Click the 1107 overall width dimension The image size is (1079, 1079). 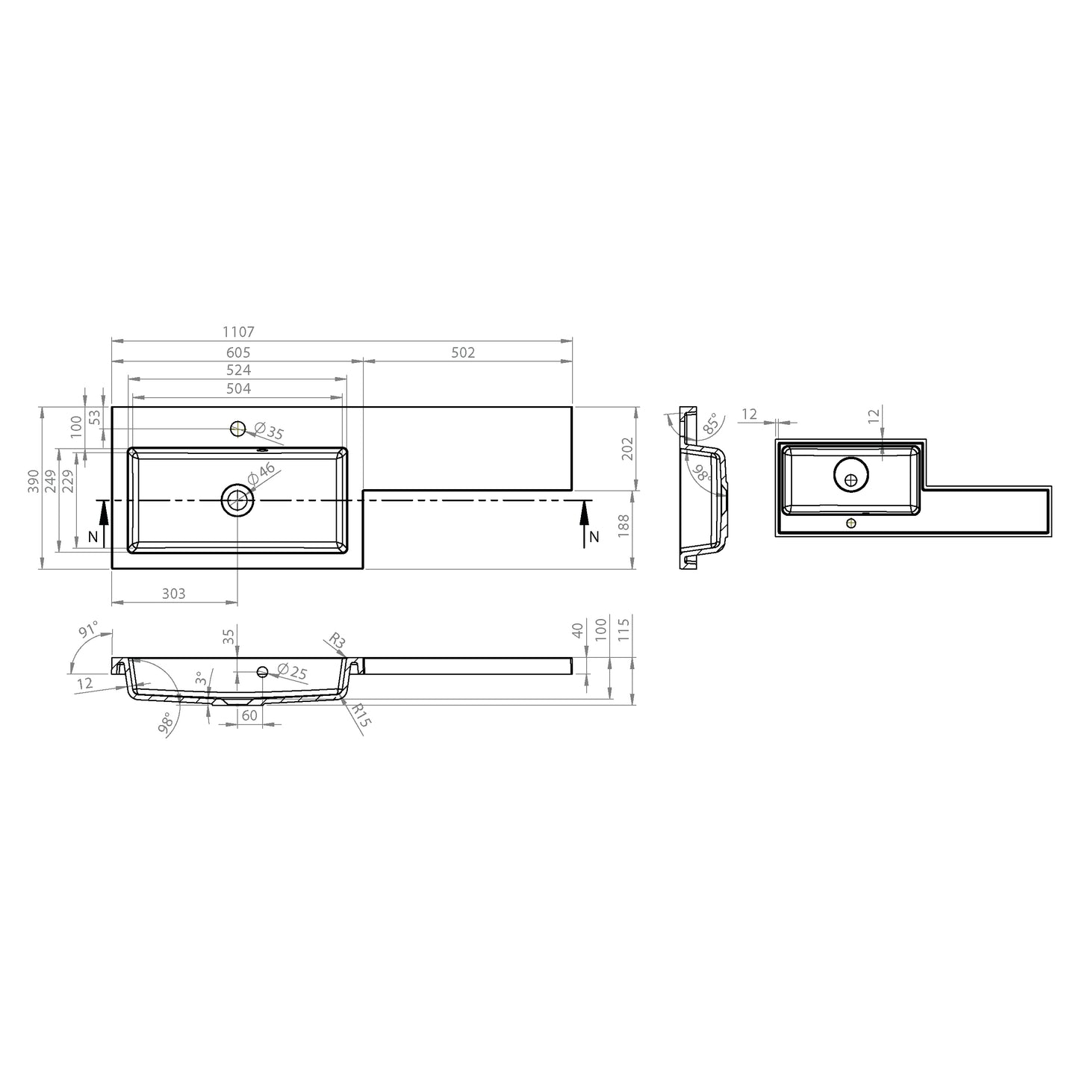(x=238, y=332)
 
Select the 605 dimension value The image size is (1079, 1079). (x=238, y=352)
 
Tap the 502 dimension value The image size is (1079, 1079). (x=463, y=352)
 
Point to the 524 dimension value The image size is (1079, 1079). (x=238, y=370)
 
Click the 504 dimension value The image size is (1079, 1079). (x=238, y=388)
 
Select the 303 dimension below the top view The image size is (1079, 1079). (x=173, y=594)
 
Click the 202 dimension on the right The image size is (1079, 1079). (x=626, y=448)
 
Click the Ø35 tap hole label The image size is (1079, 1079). (x=270, y=432)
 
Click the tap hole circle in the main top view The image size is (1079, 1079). (x=238, y=429)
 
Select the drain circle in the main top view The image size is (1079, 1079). (x=237, y=500)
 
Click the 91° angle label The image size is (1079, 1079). (x=88, y=631)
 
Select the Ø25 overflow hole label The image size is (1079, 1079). (x=292, y=672)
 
